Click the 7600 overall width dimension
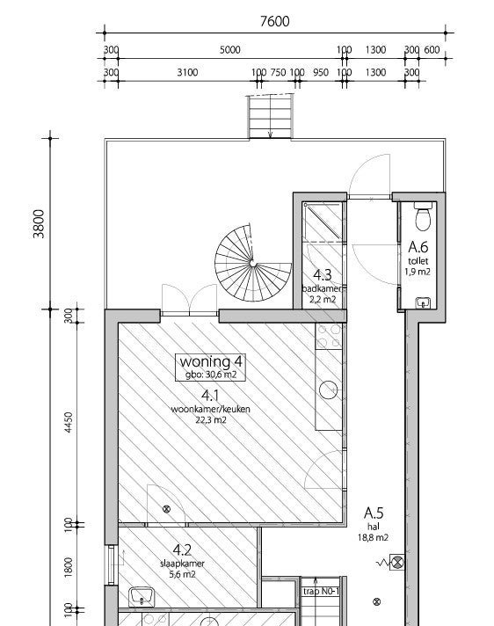pyautogui.click(x=274, y=21)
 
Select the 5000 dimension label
pyautogui.click(x=229, y=50)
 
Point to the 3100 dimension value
pyautogui.click(x=187, y=72)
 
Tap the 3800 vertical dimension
pyautogui.click(x=39, y=223)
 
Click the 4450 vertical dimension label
pyautogui.click(x=69, y=423)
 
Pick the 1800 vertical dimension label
pyautogui.click(x=69, y=567)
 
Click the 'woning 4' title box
pyautogui.click(x=210, y=367)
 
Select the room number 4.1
pyautogui.click(x=210, y=396)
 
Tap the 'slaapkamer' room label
pyautogui.click(x=182, y=564)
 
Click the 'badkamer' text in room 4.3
pyautogui.click(x=322, y=288)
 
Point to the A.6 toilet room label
pyautogui.click(x=418, y=247)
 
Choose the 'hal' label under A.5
pyautogui.click(x=374, y=527)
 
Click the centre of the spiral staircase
pyautogui.click(x=252, y=263)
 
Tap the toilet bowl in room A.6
pyautogui.click(x=424, y=217)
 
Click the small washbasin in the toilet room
pyautogui.click(x=423, y=303)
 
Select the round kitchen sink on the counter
pyautogui.click(x=329, y=389)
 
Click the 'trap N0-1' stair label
pyautogui.click(x=321, y=591)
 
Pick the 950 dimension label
pyautogui.click(x=321, y=72)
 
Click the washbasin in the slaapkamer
pyautogui.click(x=142, y=597)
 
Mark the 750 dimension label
pyautogui.click(x=278, y=72)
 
